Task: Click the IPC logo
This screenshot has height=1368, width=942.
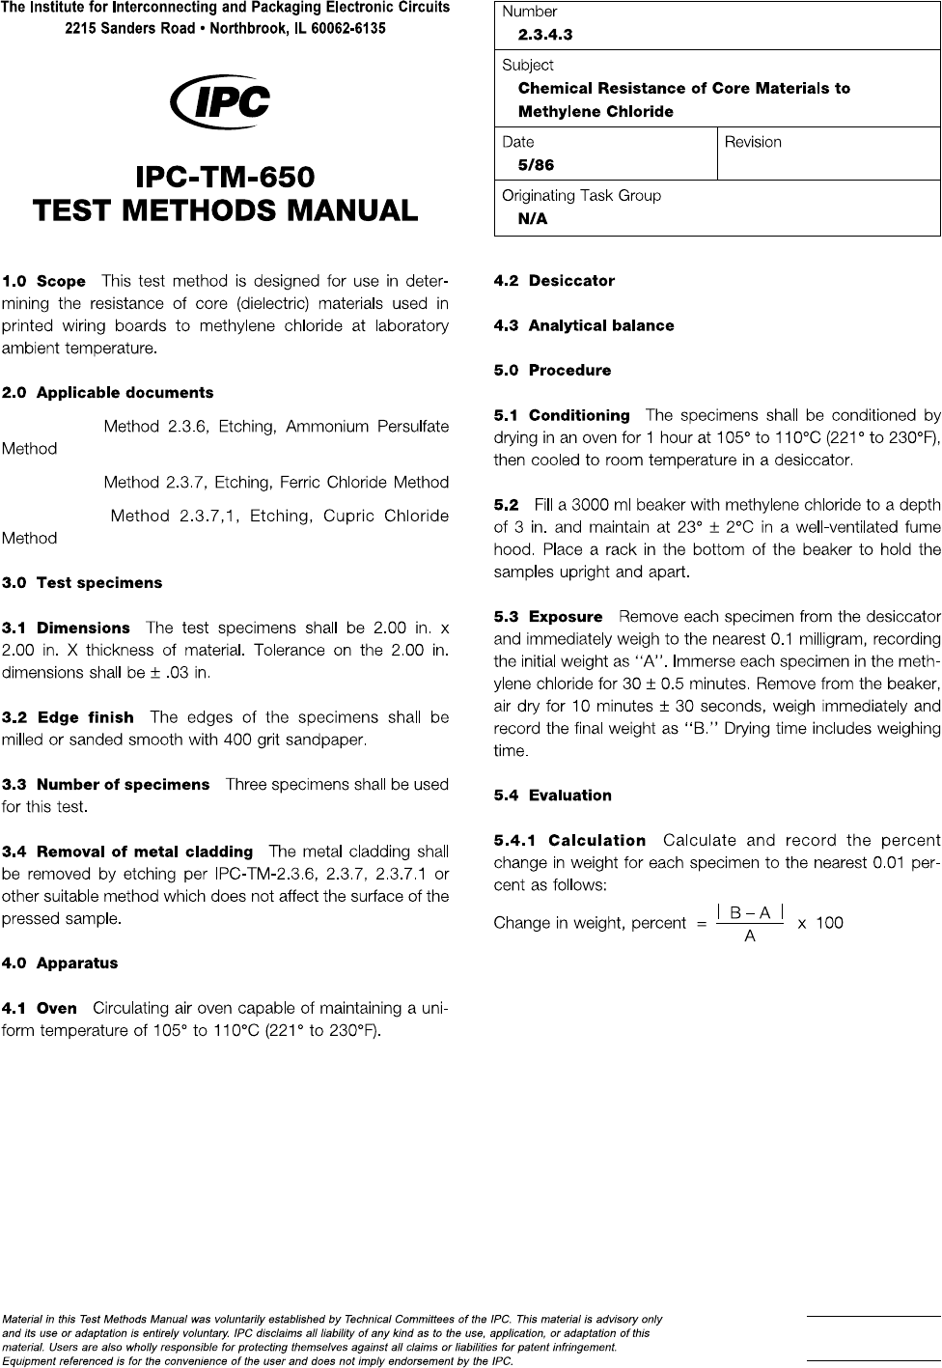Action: click(x=219, y=102)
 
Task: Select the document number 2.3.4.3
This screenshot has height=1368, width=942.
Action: click(x=545, y=35)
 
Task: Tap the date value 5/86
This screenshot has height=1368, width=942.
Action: click(x=536, y=165)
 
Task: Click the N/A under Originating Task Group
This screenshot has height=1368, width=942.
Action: click(x=533, y=219)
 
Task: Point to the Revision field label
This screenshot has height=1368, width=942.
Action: click(x=753, y=142)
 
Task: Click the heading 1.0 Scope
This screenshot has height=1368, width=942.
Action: click(x=44, y=282)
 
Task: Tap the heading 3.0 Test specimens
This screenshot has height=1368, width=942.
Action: click(x=82, y=583)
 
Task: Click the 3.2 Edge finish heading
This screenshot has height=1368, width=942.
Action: click(x=69, y=717)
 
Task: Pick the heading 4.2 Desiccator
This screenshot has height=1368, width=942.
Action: click(x=554, y=281)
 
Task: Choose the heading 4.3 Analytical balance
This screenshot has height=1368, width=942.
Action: click(x=584, y=325)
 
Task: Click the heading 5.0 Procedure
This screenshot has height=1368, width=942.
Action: click(x=552, y=371)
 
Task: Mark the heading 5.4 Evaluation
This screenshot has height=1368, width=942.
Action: click(x=552, y=796)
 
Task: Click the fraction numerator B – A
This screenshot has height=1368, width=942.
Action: click(x=749, y=910)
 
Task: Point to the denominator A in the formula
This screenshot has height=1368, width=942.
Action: click(x=749, y=935)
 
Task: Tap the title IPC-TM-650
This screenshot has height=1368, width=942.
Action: click(x=225, y=179)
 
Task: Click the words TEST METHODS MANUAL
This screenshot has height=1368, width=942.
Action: click(x=225, y=210)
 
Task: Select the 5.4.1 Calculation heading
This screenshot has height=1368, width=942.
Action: click(x=569, y=841)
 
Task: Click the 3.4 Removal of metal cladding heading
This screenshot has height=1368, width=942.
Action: click(x=127, y=852)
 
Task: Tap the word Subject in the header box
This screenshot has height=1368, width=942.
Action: click(x=528, y=65)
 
